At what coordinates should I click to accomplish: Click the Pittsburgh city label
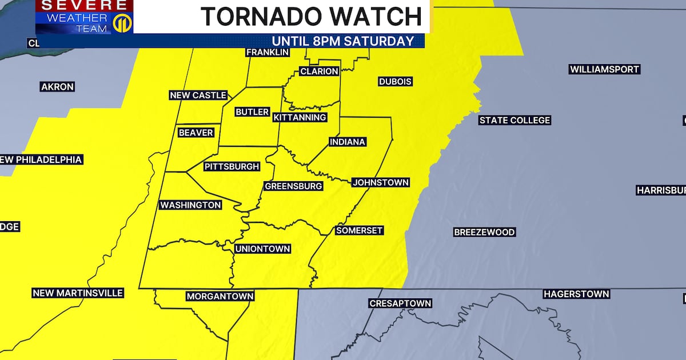pos(232,167)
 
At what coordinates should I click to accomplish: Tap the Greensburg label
pos(293,186)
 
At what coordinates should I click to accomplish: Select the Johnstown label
pos(380,183)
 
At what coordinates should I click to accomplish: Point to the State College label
pos(514,120)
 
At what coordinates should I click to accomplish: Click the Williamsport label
pos(604,69)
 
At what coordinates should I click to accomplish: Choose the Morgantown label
pos(220,297)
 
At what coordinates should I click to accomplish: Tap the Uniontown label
pos(263,249)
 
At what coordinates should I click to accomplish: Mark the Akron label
pos(57,87)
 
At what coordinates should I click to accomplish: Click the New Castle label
pos(198,95)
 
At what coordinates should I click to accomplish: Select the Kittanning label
pos(300,117)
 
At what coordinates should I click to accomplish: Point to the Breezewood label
pos(484,232)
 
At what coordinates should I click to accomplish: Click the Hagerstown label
pos(576,294)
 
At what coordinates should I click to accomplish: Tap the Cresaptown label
pos(400,303)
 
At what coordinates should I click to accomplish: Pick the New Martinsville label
pos(78,293)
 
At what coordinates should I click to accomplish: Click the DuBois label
pos(395,82)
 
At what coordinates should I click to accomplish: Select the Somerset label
pos(359,230)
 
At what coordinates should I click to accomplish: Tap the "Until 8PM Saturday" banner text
pos(342,41)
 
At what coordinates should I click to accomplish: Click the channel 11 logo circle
pos(121,23)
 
